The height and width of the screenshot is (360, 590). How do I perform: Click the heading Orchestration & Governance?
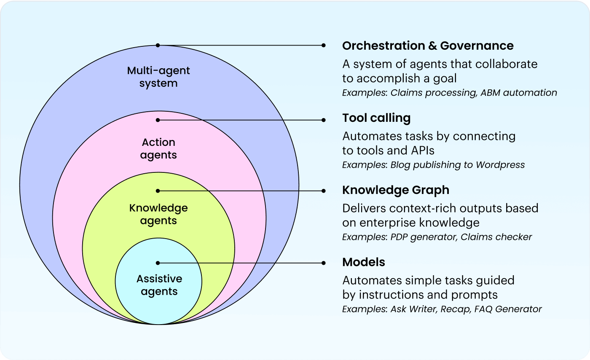428,46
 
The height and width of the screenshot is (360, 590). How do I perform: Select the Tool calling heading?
376,118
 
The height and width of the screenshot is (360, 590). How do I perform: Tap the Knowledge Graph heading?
396,190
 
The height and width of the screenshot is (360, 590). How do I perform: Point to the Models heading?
364,262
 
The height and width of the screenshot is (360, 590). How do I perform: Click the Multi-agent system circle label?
158,77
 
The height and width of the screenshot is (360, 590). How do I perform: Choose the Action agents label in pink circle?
158,148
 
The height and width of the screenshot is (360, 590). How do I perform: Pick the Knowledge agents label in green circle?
158,214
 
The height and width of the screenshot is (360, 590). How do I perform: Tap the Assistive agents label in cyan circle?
159,285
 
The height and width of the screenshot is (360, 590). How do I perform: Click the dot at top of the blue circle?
158,45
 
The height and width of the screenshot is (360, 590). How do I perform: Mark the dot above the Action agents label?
158,120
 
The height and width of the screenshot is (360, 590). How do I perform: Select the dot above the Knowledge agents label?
158,191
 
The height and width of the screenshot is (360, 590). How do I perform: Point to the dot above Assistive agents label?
158,263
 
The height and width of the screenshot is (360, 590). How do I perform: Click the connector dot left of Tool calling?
323,120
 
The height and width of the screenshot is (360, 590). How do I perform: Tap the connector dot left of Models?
323,263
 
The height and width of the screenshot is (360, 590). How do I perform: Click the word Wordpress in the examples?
500,164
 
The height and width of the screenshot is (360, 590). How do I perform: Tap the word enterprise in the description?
387,223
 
